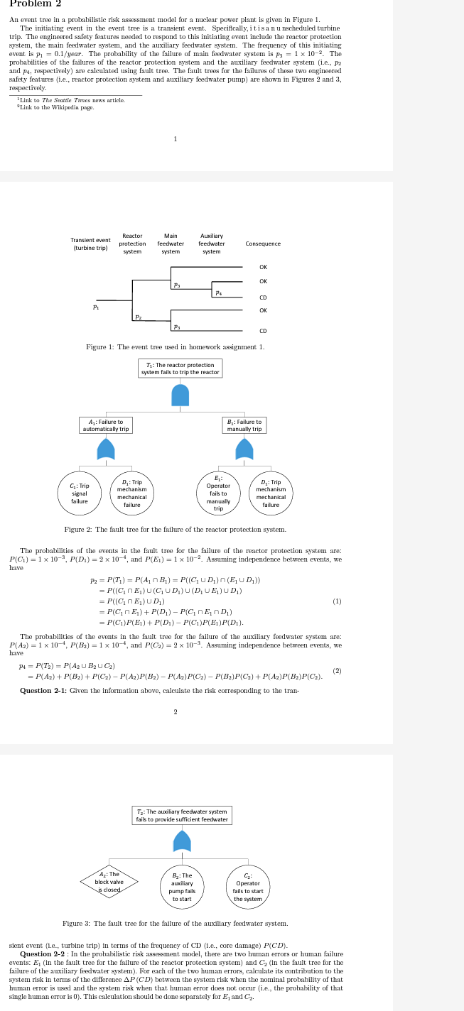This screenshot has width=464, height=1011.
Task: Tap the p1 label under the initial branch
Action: coord(95,307)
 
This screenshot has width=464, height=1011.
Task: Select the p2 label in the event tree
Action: coord(138,317)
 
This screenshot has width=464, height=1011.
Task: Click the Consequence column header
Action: coord(263,244)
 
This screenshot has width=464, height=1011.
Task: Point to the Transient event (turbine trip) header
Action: coord(90,244)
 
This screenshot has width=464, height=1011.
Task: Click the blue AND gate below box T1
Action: coord(180,394)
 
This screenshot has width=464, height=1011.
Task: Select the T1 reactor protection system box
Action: coord(180,368)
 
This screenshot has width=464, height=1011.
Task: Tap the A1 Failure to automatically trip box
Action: coord(106,425)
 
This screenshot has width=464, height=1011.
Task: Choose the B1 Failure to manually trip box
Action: coord(244,425)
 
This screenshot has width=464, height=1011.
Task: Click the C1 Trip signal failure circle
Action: coord(79,492)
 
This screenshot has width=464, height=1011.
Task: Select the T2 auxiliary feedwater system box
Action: coord(183,815)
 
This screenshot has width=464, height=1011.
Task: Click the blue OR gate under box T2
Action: coord(183,841)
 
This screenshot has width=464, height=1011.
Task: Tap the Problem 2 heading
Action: coord(35,4)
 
